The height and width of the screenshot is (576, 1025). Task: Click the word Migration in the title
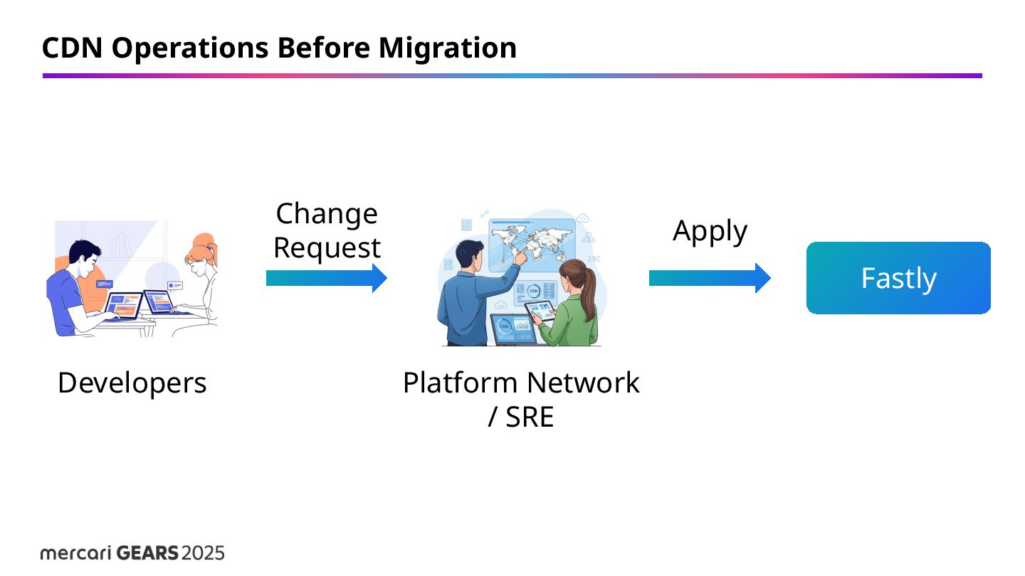tap(447, 48)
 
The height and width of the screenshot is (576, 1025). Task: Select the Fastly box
tap(898, 278)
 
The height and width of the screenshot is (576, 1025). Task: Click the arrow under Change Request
tap(326, 278)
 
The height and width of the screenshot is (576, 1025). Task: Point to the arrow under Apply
tap(709, 278)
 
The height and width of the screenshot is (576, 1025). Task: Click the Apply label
tap(710, 231)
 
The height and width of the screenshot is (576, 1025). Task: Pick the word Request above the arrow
tap(327, 248)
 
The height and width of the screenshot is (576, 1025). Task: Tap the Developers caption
tap(132, 383)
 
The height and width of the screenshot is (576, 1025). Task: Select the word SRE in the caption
tap(530, 417)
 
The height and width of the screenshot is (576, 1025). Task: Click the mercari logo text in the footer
tap(75, 553)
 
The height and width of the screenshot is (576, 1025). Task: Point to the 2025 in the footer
tap(203, 553)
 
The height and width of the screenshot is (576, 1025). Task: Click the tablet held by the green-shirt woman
tap(540, 311)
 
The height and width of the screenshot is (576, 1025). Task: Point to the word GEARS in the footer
tap(147, 553)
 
